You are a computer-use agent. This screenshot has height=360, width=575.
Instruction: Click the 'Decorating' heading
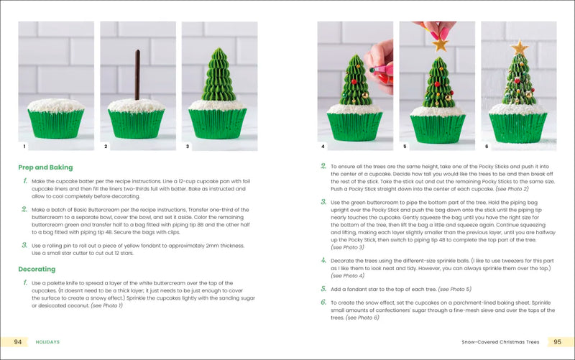37,269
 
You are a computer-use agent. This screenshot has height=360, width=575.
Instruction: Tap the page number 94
18,342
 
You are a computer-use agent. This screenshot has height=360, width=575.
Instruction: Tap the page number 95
556,342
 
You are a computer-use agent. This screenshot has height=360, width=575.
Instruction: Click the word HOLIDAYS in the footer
47,342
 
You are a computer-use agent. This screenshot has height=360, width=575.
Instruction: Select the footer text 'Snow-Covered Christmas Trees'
500,342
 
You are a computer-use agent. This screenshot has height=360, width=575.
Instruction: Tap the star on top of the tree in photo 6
517,48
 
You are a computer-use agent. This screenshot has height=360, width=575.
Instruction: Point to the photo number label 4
323,147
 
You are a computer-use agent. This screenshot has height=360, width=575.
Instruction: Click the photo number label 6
487,147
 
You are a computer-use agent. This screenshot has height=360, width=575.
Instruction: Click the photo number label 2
106,147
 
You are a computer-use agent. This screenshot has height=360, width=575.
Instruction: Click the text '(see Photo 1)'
106,305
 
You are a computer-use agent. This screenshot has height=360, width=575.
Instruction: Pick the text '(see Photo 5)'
450,289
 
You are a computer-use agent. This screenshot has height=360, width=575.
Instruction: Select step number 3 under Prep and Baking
24,246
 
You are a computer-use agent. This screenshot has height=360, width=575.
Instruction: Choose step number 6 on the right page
323,303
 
